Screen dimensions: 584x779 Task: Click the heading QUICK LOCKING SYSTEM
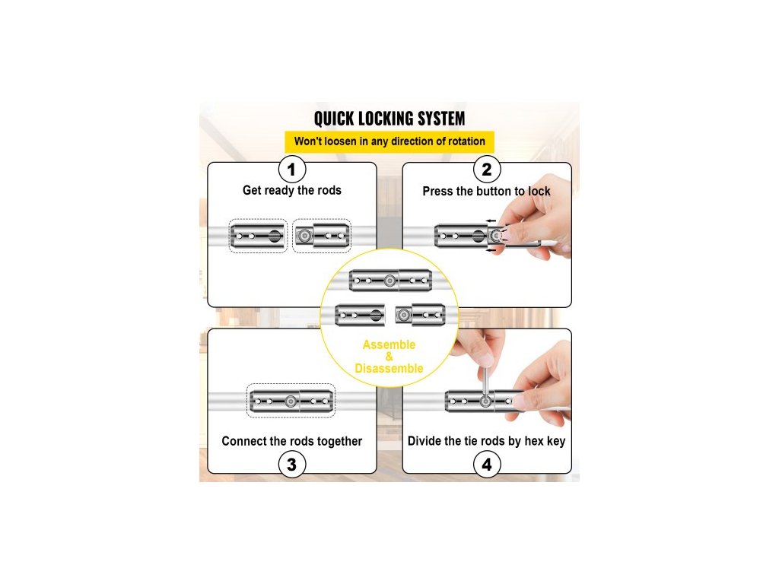[389, 119]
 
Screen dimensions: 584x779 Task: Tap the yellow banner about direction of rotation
[389, 141]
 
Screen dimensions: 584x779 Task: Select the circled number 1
[292, 169]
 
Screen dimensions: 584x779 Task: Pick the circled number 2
[487, 169]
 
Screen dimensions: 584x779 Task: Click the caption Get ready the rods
[292, 190]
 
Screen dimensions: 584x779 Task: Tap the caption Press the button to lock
[487, 191]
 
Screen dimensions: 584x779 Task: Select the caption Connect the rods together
[292, 441]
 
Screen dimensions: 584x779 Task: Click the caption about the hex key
[487, 441]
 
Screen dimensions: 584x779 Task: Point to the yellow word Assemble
[389, 345]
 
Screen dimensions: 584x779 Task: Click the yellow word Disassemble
[389, 369]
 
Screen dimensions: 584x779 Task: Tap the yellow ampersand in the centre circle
[389, 357]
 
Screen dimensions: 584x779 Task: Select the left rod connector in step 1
[259, 236]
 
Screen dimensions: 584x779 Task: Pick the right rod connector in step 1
[322, 236]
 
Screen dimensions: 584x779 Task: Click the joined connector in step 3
[291, 400]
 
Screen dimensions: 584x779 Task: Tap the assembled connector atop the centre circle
[389, 281]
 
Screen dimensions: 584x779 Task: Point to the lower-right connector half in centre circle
[419, 313]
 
